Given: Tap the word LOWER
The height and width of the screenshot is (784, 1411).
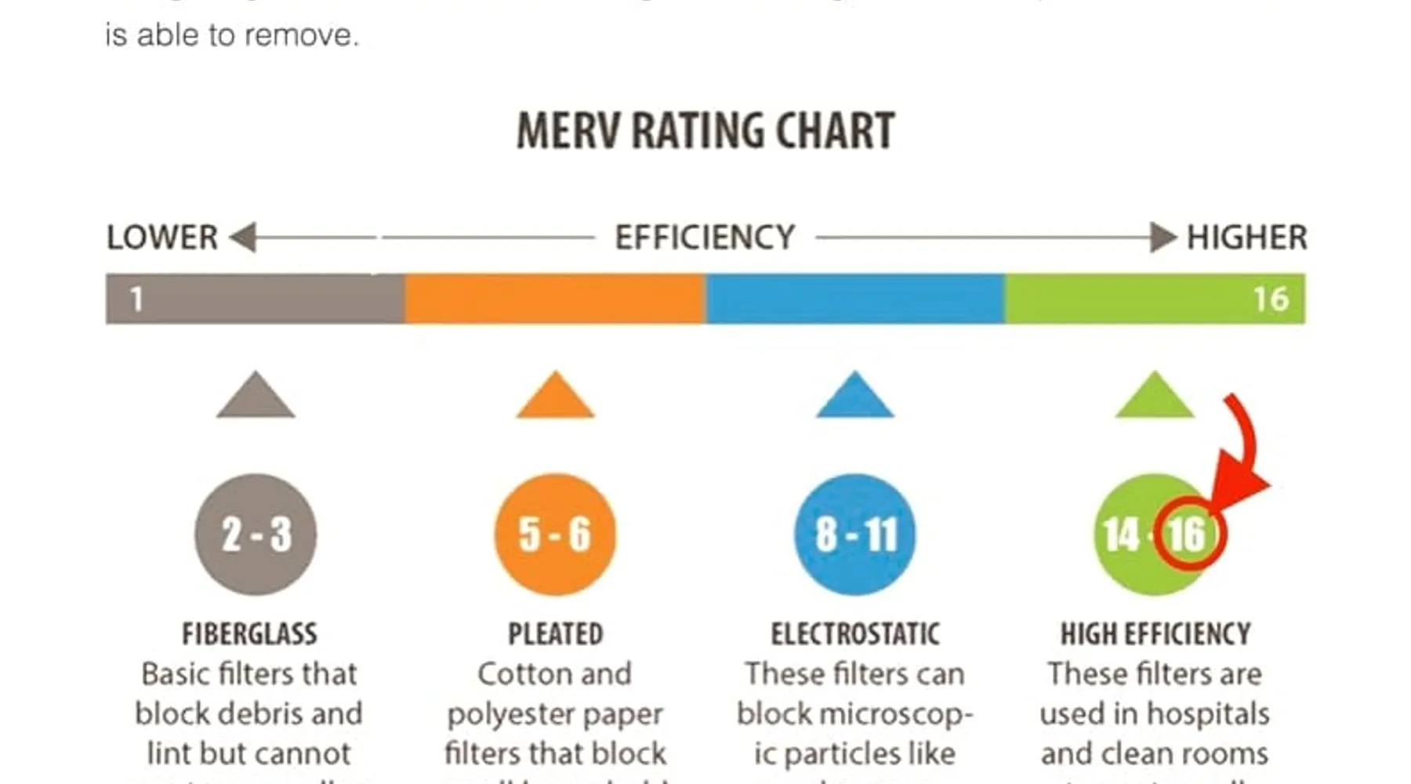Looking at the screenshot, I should pos(162,238).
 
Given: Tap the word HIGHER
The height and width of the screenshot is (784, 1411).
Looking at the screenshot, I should pos(1246,238).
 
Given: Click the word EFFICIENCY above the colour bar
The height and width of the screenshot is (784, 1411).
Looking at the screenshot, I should pos(705,238).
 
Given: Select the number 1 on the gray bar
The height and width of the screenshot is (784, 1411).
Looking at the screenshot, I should pos(136,299).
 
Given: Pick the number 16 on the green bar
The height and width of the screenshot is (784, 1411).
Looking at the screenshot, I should pos(1271,299).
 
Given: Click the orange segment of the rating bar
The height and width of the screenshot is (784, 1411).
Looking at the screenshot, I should pos(555,299).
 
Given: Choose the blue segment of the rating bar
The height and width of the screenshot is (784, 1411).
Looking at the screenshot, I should pos(854,299).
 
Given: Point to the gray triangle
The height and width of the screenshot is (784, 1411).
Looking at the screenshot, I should pos(256,398).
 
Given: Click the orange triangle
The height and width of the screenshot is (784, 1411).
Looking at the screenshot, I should pos(555,398).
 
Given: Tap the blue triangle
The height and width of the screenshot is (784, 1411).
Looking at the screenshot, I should pos(854,398).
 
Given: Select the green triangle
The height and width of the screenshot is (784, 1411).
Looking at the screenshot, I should pos(1154,398).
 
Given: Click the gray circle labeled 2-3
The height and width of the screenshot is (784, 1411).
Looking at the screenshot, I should pos(256,534).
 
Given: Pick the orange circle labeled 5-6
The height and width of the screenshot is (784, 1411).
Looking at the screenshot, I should pos(555,534).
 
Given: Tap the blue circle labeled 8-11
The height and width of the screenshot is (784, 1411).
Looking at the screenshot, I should pos(854,534).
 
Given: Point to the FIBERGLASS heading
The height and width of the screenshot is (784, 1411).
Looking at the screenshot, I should pos(249,633).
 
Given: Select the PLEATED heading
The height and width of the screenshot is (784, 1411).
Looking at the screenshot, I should pos(555,633).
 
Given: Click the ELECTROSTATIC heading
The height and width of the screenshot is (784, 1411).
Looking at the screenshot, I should pos(854,633).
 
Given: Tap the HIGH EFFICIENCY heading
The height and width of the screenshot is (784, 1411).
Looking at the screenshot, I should pos(1155,633).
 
